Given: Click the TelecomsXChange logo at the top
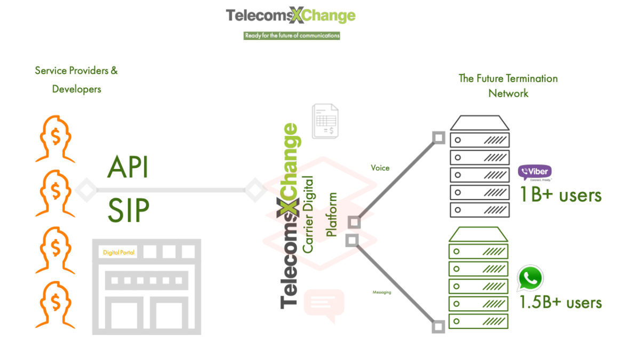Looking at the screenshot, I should point(291,15).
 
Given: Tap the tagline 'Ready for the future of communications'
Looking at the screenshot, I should point(291,36).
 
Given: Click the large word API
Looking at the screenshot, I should point(128,167).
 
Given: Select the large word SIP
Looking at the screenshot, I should point(128,211).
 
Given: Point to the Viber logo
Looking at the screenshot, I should point(534,173).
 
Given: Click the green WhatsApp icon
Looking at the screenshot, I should point(530,278).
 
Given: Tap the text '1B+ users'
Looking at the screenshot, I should point(561,195).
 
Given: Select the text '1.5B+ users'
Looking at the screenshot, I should point(561,302).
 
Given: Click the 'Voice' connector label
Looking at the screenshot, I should point(380,168).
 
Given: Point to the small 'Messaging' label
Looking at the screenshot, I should point(381,292).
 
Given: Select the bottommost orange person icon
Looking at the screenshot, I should point(55,304).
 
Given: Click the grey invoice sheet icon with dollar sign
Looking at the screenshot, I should point(325,122).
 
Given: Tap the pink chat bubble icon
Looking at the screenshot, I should point(323,306).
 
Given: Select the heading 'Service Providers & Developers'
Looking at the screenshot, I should point(76,79).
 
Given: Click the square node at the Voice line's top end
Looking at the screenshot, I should point(438,138).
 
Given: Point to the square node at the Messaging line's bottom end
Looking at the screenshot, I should point(438,326).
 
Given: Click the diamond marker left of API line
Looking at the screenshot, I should point(86,189).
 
